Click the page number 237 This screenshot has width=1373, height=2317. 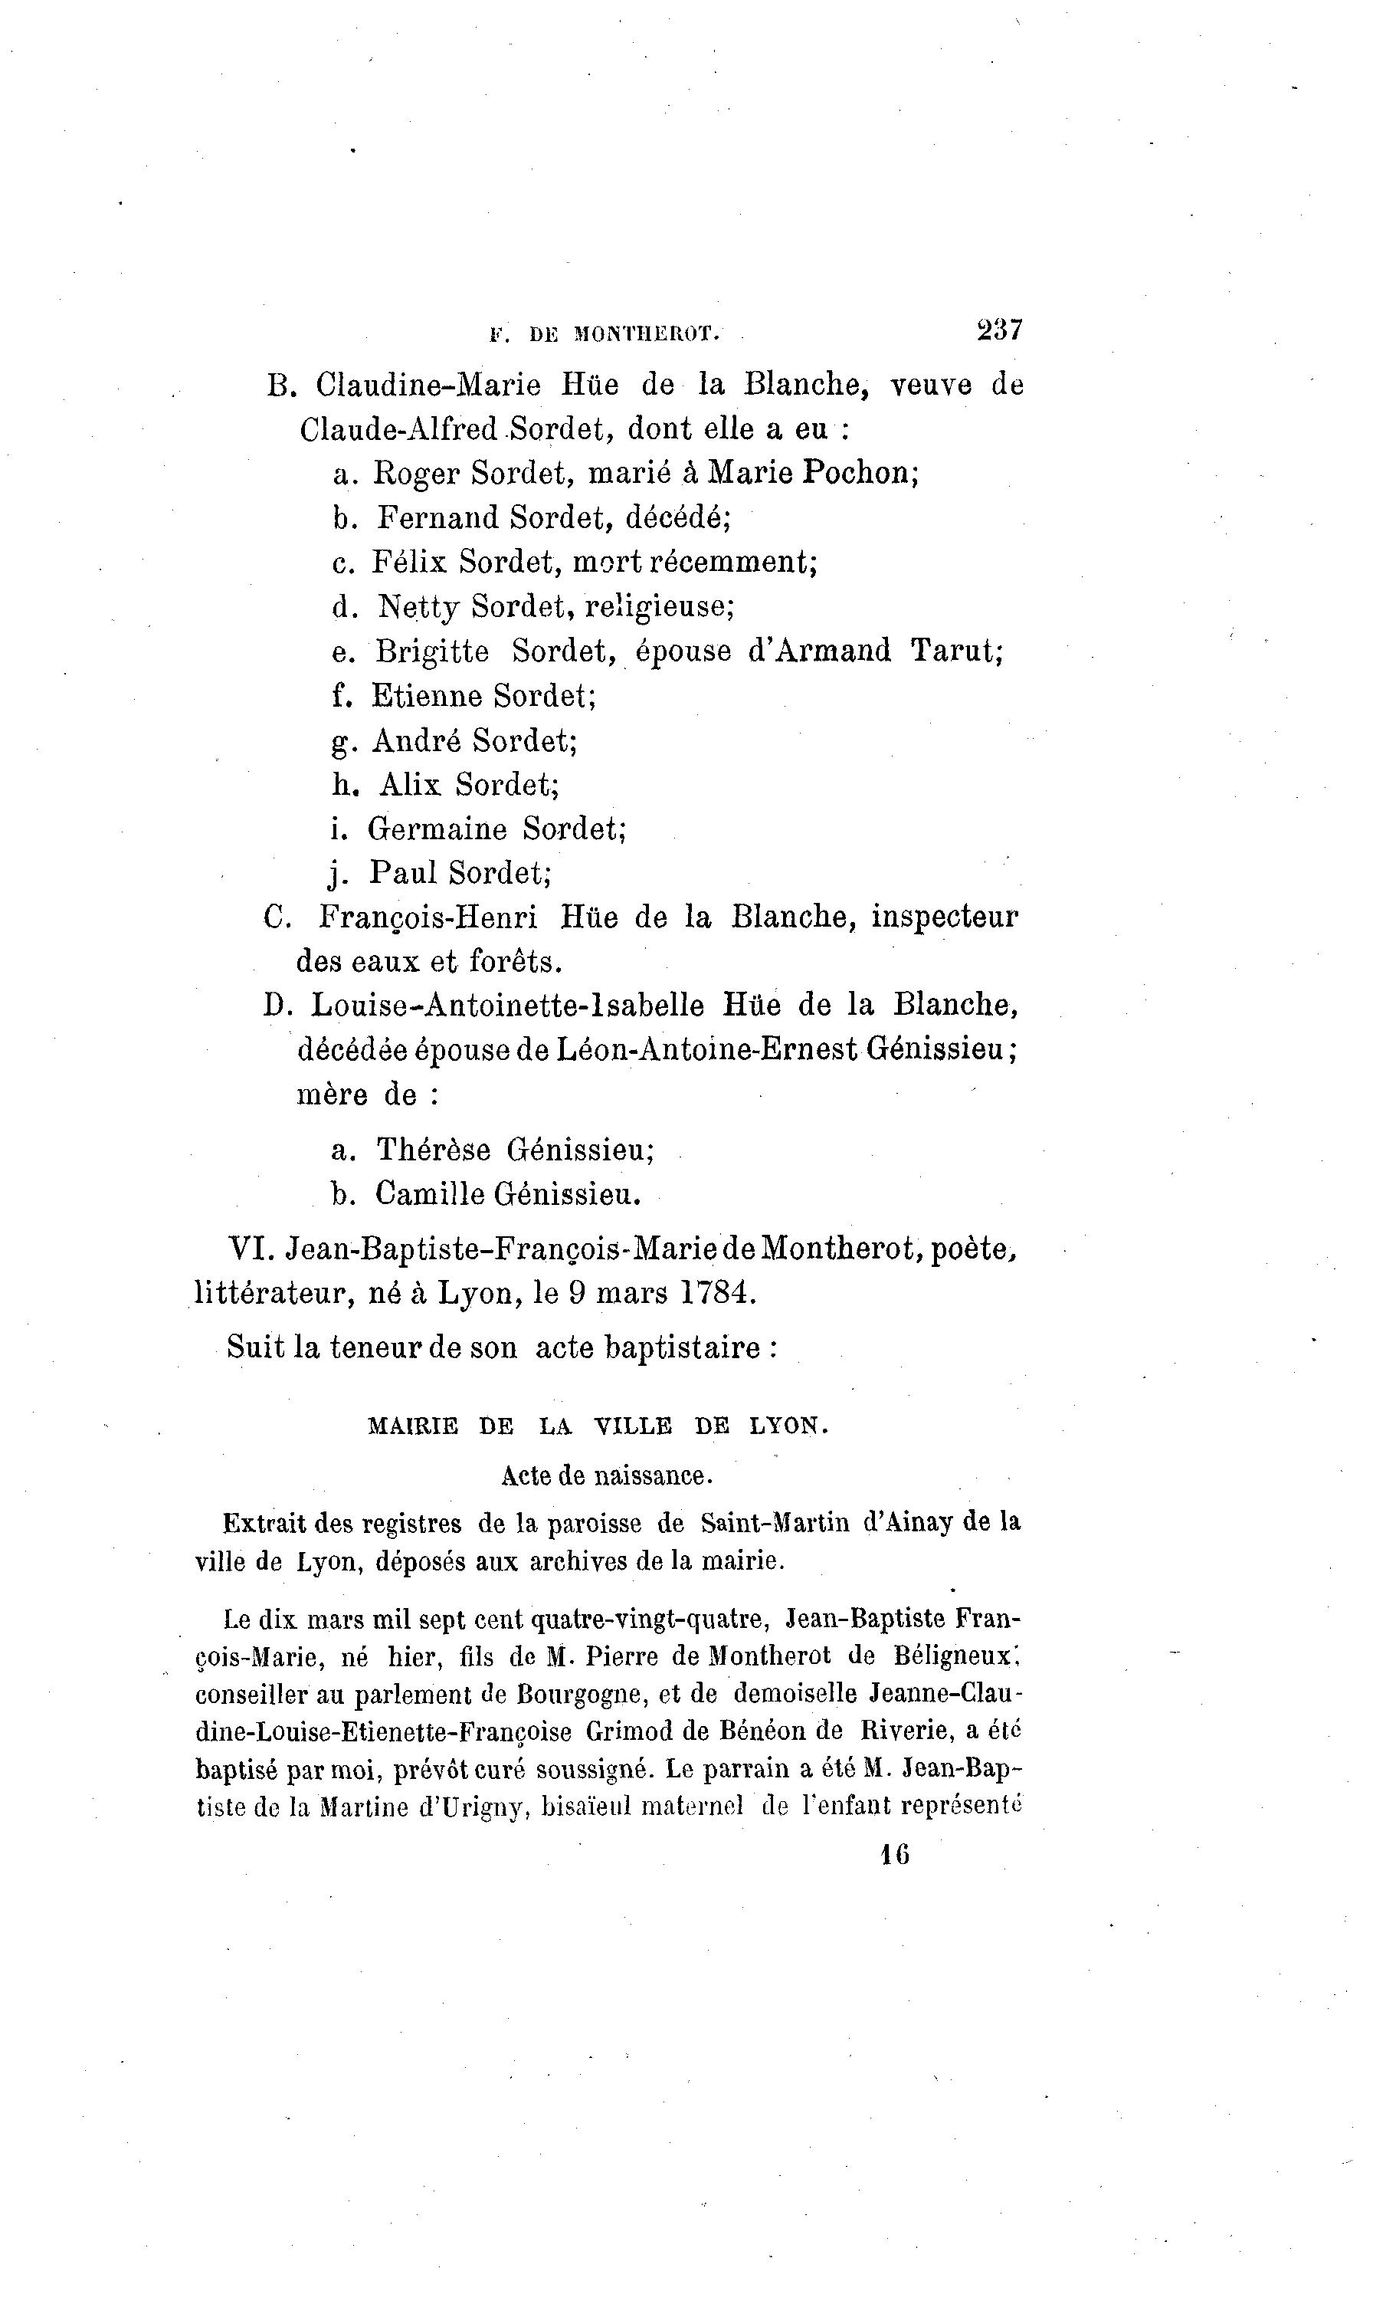[999, 330]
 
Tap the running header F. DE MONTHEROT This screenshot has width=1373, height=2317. [605, 334]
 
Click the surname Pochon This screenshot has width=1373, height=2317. [859, 473]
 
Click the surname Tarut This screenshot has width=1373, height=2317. [955, 651]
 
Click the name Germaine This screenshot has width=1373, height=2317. [437, 829]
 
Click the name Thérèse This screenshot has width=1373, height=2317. [433, 1150]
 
